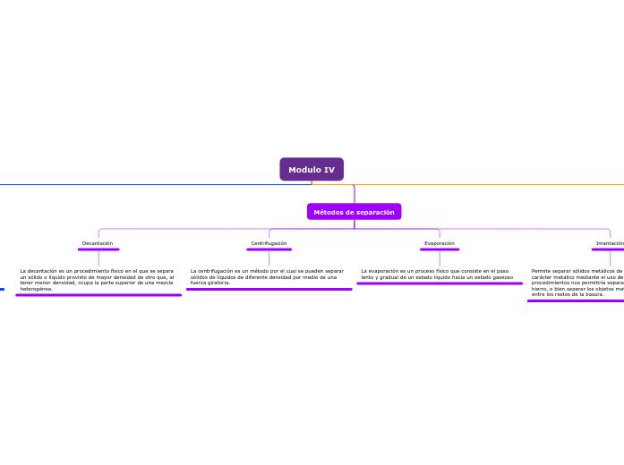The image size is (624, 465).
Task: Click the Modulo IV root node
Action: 312,169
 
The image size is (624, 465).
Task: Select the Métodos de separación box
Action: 354,212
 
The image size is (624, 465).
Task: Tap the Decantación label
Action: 98,243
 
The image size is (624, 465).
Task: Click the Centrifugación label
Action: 269,243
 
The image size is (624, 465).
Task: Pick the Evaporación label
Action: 439,243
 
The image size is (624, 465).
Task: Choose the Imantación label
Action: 609,243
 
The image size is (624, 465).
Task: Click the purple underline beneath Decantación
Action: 98,249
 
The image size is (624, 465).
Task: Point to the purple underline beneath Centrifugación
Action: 269,249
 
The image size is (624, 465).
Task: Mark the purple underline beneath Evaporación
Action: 440,249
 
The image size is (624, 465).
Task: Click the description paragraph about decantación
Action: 97,280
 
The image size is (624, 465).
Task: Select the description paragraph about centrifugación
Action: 267,276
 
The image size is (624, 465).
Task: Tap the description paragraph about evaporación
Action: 437,274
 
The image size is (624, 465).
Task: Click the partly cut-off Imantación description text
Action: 577,283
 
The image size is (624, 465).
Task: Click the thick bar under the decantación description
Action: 98,295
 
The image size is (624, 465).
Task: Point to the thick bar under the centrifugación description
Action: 269,289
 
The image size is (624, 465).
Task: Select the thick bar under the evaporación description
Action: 440,283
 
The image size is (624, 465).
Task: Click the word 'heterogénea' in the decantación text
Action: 37,290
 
